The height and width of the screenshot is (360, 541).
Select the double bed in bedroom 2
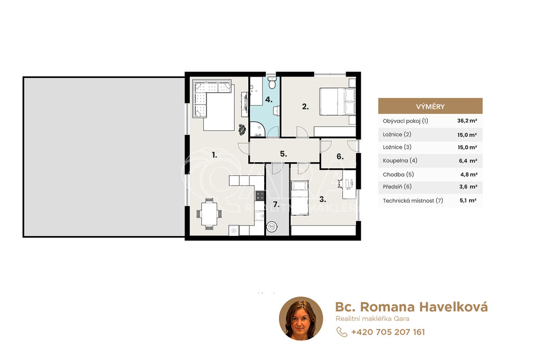click(338, 102)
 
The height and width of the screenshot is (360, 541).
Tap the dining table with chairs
click(209, 214)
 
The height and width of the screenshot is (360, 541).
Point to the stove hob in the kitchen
click(259, 196)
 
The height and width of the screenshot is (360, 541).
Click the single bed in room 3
click(300, 197)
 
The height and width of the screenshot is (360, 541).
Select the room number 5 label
click(283, 154)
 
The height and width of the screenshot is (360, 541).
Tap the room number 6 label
click(340, 157)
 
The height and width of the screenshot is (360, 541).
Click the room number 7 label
click(276, 204)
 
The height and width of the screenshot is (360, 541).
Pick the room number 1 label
click(214, 155)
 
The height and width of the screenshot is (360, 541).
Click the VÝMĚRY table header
click(430, 106)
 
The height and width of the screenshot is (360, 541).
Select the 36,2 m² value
click(467, 121)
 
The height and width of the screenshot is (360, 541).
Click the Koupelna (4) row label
click(400, 160)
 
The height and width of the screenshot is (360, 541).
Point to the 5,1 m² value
click(468, 201)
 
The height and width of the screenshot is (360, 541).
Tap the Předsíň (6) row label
click(397, 186)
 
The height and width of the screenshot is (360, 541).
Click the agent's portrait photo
click(301, 318)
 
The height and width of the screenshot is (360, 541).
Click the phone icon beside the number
click(342, 331)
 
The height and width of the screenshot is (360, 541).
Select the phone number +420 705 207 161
click(388, 332)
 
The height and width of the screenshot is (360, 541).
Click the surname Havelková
click(454, 307)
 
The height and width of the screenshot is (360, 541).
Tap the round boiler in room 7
click(272, 226)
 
